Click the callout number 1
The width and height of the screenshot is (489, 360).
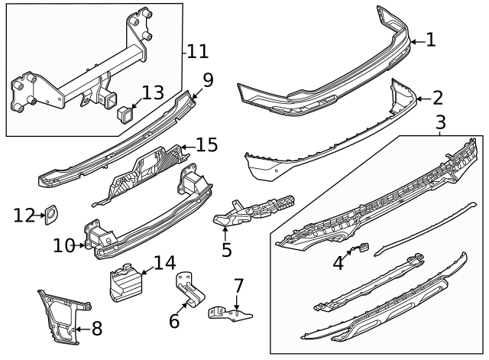tap(431, 40)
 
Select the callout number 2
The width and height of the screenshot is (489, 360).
tap(437, 98)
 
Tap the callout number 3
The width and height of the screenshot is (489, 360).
tap(440, 122)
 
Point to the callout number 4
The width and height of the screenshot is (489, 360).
tap(338, 262)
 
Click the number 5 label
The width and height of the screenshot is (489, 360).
tap(226, 249)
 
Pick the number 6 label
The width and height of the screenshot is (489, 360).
tap(174, 321)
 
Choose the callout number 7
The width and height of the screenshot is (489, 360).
tap(238, 287)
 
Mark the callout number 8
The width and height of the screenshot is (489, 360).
tap(96, 330)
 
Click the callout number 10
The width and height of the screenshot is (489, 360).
tap(64, 245)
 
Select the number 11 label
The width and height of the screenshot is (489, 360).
tap(197, 51)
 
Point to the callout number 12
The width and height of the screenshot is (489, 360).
tap(24, 216)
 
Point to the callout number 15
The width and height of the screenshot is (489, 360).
tap(206, 144)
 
